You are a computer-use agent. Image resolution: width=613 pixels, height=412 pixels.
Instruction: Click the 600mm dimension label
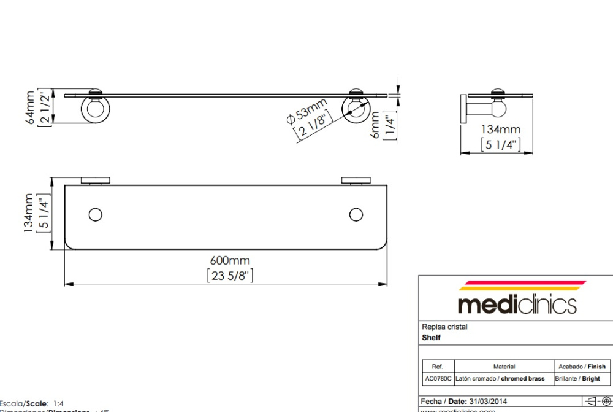(x=230, y=261)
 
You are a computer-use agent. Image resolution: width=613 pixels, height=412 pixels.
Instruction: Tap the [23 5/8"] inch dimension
(x=230, y=276)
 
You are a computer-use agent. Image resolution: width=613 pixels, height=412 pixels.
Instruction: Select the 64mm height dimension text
(x=30, y=108)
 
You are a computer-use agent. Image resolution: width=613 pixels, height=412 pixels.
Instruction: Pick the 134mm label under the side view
(x=500, y=130)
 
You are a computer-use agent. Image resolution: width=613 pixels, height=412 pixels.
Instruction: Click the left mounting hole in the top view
(x=95, y=214)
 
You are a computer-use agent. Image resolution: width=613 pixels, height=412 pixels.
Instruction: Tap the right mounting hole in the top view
(x=356, y=214)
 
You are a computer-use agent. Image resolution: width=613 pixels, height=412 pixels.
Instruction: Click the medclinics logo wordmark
(x=517, y=304)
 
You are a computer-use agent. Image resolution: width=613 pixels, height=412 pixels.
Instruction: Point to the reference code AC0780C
(x=438, y=379)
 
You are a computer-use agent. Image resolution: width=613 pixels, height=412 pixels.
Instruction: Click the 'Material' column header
(x=504, y=367)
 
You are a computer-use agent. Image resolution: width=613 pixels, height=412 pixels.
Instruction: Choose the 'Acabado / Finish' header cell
(x=582, y=367)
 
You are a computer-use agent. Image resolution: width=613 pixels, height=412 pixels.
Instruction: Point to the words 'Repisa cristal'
(x=444, y=327)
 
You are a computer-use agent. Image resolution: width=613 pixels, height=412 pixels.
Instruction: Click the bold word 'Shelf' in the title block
(x=431, y=338)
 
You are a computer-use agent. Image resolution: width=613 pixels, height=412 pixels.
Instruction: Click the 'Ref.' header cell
(x=438, y=367)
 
